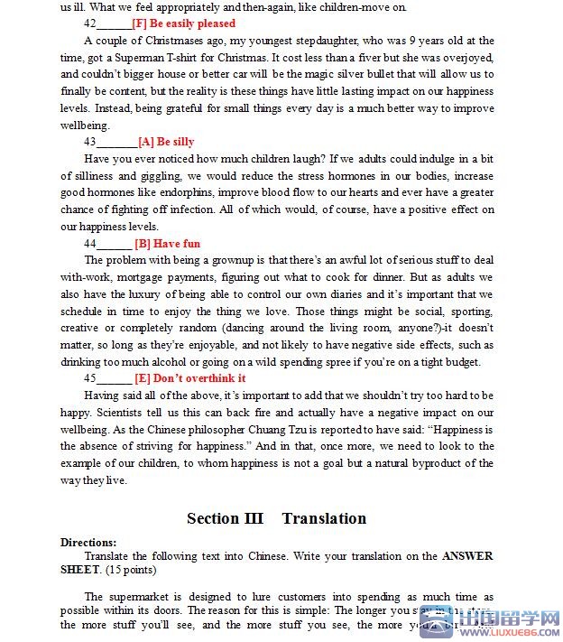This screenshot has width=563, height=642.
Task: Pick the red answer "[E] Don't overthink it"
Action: click(x=189, y=378)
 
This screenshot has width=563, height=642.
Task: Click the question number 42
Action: click(x=90, y=23)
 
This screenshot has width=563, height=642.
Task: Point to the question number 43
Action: click(x=90, y=142)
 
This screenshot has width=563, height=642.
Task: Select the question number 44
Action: click(x=90, y=244)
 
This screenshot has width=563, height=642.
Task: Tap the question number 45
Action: click(x=90, y=378)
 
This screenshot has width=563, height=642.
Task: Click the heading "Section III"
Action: click(x=225, y=518)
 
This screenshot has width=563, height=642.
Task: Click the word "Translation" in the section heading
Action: click(x=324, y=518)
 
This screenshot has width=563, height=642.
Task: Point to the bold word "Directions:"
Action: click(x=88, y=542)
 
